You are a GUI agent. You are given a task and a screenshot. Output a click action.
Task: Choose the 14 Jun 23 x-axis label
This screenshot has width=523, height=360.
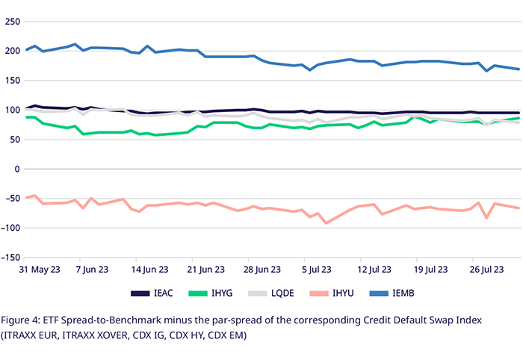tap(149, 269)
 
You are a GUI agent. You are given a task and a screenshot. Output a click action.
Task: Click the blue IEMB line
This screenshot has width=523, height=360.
tap(224, 56)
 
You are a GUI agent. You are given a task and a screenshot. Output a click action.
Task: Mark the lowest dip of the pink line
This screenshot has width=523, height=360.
tap(325, 223)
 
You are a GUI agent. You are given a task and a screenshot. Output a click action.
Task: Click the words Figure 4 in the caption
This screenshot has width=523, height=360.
tap(24, 320)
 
